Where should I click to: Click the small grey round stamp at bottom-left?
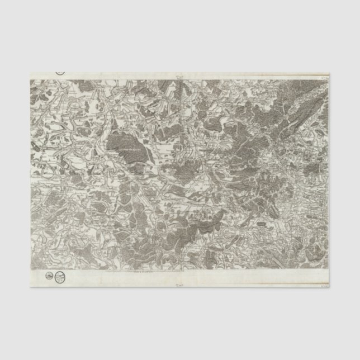tap(49, 275)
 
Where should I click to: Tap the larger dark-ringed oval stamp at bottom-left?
tap(59, 276)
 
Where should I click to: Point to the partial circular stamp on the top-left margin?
tap(60, 72)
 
